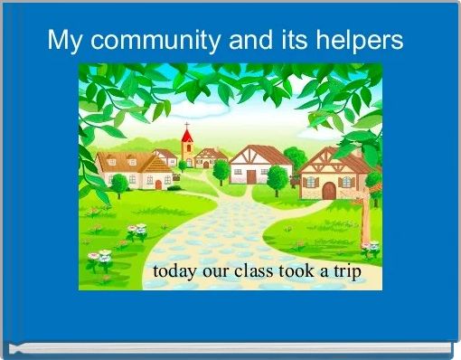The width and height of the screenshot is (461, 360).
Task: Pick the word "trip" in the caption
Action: (x=346, y=270)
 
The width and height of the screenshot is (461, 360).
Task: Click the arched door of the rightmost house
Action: (x=328, y=191)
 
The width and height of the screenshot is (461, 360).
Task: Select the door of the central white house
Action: (x=250, y=176)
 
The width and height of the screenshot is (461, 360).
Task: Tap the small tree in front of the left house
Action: (x=118, y=184)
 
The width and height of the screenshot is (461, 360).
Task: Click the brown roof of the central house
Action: (x=260, y=153)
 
